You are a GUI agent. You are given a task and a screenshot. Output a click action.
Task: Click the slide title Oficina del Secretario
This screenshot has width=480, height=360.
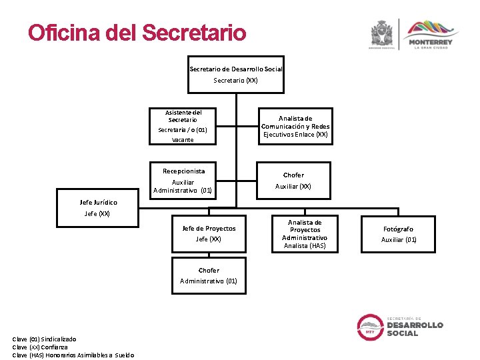(137, 33)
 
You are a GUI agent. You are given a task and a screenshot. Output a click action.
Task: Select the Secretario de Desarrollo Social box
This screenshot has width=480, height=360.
(236, 74)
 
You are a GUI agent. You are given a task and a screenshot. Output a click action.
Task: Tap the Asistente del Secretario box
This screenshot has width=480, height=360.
(183, 125)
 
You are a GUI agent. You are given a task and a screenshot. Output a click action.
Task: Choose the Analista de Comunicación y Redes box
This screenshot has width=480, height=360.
(295, 126)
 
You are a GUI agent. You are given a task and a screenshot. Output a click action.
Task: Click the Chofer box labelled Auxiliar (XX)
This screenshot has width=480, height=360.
(293, 181)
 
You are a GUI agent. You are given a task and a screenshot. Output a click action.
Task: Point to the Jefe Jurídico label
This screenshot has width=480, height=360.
(98, 202)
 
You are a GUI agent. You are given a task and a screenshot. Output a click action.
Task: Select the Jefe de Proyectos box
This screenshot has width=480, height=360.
(209, 233)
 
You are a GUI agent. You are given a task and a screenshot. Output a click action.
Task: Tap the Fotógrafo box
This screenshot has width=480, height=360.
(399, 233)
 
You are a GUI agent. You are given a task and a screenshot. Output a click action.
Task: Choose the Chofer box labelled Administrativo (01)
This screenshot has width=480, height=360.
(209, 275)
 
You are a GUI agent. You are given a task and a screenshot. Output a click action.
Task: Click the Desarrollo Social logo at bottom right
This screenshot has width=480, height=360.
(400, 326)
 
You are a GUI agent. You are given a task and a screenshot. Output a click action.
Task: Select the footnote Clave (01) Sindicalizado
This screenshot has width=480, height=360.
(44, 339)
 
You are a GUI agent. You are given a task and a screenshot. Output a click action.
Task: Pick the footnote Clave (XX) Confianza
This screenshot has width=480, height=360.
(40, 347)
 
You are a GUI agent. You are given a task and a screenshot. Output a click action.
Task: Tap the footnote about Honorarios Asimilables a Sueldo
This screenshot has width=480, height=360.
(73, 355)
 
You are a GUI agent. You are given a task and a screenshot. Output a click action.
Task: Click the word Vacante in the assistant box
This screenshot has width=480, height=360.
(183, 140)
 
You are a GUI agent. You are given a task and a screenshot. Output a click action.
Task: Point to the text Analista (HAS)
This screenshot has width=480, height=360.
(305, 246)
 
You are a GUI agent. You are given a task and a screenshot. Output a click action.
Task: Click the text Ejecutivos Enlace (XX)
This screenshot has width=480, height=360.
(295, 135)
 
